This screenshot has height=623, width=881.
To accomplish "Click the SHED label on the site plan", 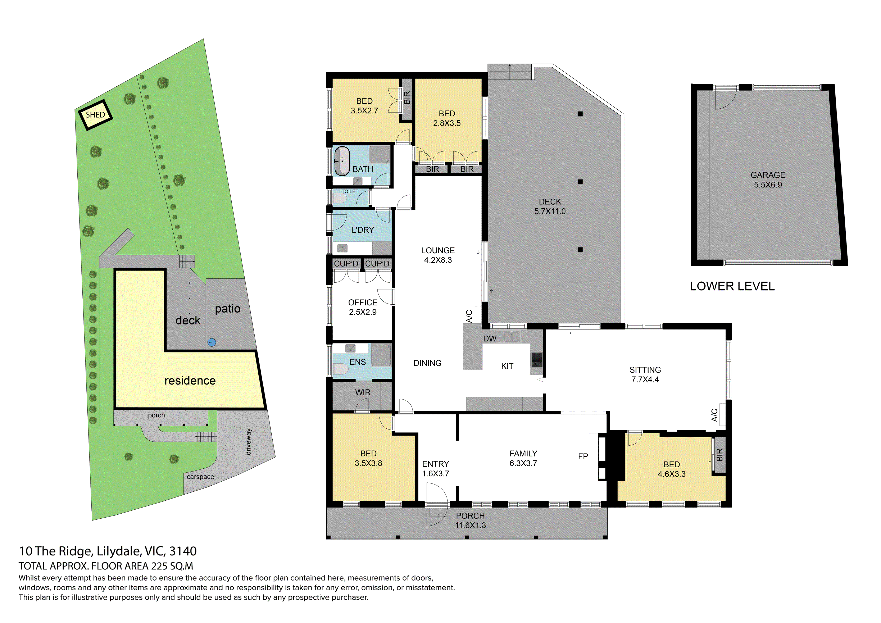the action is (95, 115).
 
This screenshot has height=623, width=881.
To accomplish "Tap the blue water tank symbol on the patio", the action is (212, 342).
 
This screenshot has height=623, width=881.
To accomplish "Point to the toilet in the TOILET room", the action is (340, 198).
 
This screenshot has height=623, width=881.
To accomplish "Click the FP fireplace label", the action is (583, 456).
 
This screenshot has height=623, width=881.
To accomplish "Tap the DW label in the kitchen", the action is (490, 338).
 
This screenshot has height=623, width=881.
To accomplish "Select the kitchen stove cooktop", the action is (536, 359).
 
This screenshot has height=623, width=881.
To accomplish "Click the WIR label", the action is (363, 392).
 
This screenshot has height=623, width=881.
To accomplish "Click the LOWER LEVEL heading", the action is (732, 286).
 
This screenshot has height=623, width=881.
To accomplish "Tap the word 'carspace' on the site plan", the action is (200, 477).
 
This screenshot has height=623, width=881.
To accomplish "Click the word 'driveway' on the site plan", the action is (248, 442).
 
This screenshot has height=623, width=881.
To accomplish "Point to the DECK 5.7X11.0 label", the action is (550, 206).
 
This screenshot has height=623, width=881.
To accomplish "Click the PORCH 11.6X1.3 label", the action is (471, 520).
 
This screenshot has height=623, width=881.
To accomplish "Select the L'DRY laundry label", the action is (363, 230).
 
